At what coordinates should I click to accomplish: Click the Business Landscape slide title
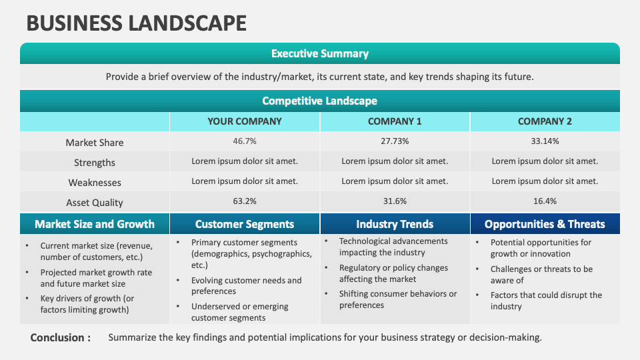tap(136, 23)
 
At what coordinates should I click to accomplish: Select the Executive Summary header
tap(320, 53)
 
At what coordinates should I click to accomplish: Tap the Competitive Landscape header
tap(320, 101)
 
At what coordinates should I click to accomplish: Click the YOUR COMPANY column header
tap(245, 121)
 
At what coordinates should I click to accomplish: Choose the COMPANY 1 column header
tap(395, 121)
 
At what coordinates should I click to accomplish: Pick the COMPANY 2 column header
tap(545, 121)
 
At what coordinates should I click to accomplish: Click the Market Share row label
tap(95, 143)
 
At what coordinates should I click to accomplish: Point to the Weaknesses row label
tap(95, 183)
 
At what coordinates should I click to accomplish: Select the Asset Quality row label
tap(95, 203)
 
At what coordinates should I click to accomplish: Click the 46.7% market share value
tap(245, 141)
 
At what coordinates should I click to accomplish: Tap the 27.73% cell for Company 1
tap(395, 141)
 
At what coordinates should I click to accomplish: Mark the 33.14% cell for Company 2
tap(545, 141)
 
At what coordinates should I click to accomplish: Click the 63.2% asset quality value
tap(245, 201)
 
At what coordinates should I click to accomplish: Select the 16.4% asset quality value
tap(545, 201)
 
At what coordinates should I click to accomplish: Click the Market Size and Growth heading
tap(95, 224)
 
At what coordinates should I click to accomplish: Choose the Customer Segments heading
tap(245, 224)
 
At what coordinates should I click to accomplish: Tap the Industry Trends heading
tap(395, 224)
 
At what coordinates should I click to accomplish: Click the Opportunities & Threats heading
tap(545, 224)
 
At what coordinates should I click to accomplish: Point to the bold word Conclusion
tap(61, 337)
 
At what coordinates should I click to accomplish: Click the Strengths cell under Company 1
tap(395, 161)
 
